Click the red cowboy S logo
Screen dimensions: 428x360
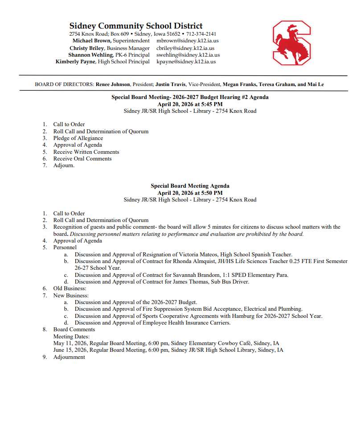(292, 43)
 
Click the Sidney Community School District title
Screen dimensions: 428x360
(136, 26)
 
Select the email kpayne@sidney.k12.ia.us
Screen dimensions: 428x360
(186, 62)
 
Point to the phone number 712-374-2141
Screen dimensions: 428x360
(201, 34)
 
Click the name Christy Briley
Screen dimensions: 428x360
(87, 48)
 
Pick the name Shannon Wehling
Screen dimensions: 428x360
(90, 55)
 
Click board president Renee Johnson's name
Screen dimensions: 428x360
(113, 84)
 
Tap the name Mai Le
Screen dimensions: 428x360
(315, 84)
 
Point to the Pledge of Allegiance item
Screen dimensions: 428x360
(78, 138)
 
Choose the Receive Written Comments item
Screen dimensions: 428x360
(86, 152)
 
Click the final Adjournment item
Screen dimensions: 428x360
(69, 357)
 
